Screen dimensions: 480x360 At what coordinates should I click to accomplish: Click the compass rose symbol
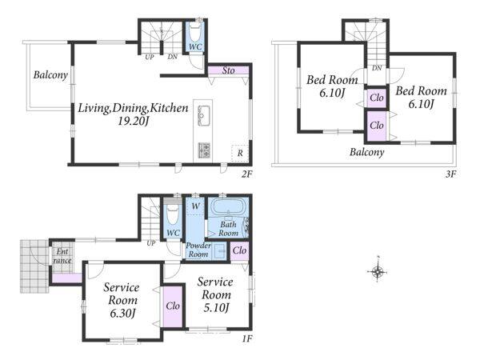(x=378, y=270)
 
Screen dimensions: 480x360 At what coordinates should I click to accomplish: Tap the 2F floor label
(x=246, y=174)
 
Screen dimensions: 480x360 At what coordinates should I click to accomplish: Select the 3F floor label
(x=450, y=174)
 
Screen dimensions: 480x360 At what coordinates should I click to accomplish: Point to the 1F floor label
(x=247, y=338)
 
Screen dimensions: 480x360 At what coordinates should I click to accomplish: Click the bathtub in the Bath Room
(x=228, y=207)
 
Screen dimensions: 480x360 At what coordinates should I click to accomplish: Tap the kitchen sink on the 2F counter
(x=204, y=115)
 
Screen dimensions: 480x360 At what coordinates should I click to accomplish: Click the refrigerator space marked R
(x=240, y=153)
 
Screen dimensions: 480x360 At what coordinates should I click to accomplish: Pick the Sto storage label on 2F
(x=228, y=70)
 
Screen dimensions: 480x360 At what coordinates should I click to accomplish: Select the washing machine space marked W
(x=195, y=206)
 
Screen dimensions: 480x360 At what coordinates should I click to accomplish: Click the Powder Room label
(x=198, y=250)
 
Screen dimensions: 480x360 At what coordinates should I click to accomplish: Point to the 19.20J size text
(x=134, y=122)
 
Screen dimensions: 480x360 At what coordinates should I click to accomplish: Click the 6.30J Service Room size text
(x=122, y=313)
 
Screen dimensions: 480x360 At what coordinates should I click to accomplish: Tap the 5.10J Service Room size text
(x=216, y=308)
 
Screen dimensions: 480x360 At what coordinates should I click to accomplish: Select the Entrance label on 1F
(x=62, y=256)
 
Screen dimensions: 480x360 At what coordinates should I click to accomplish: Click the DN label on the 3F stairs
(x=377, y=68)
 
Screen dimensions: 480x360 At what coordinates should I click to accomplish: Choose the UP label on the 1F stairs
(x=151, y=243)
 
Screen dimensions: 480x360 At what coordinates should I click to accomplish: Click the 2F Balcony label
(x=50, y=75)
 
